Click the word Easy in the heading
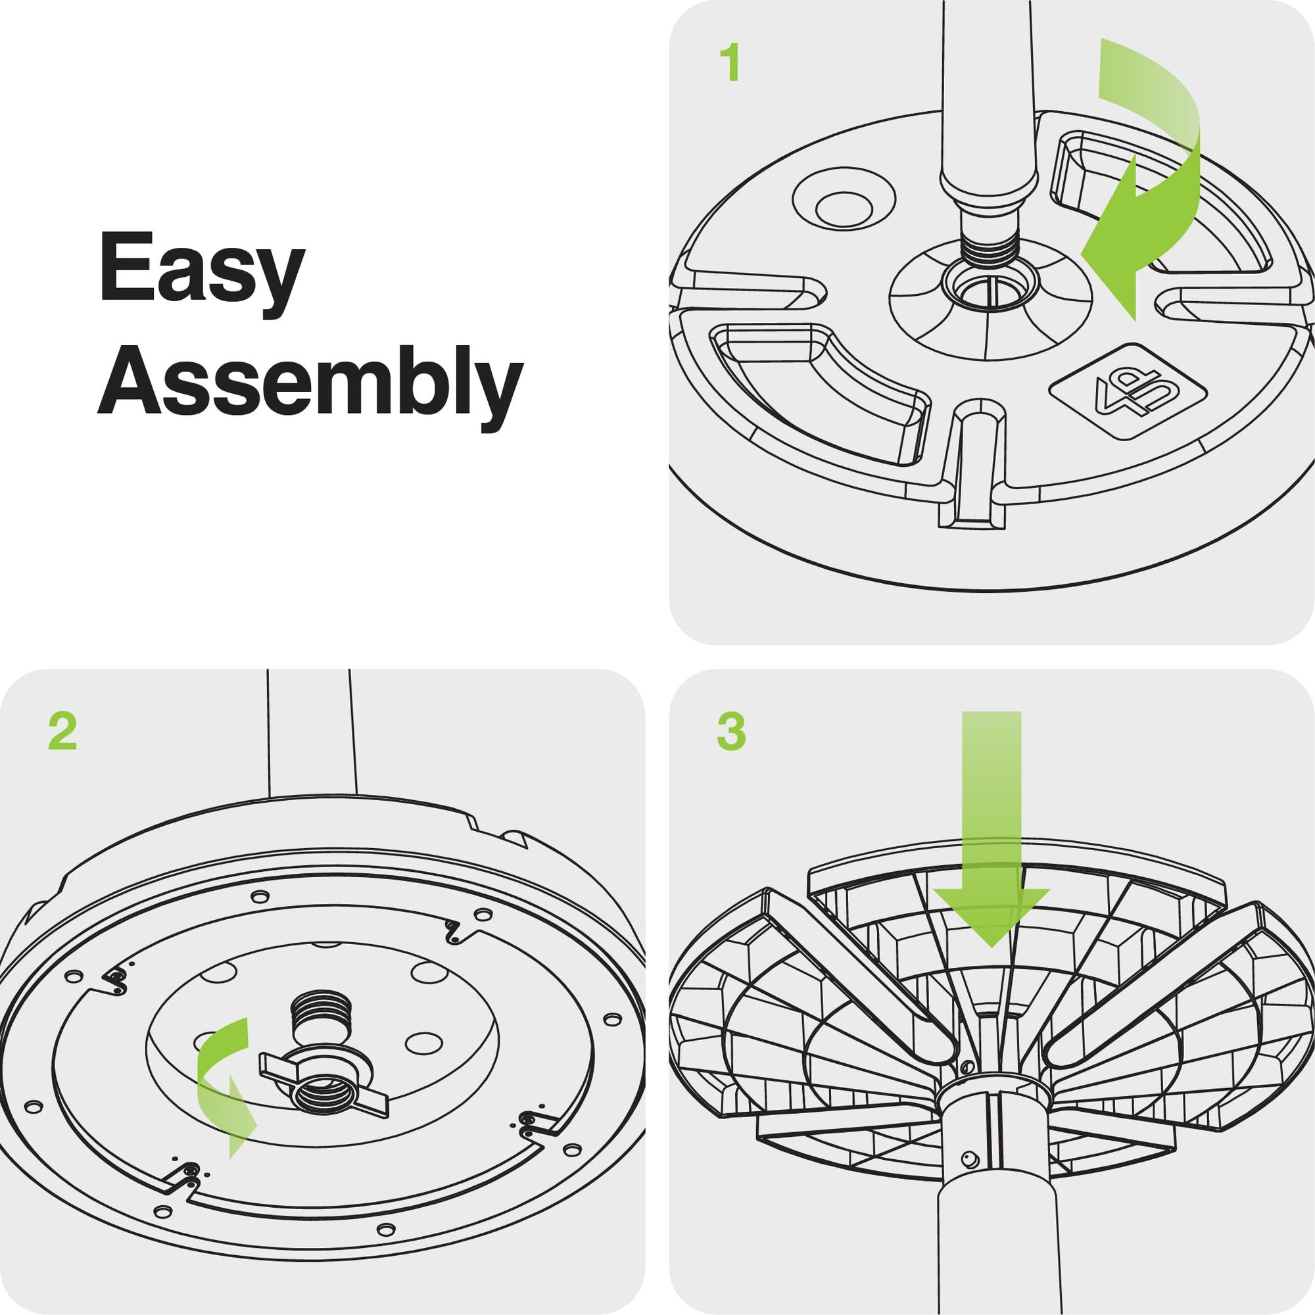(x=202, y=270)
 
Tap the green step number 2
(x=62, y=732)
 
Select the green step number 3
(x=732, y=732)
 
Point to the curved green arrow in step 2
(x=225, y=1082)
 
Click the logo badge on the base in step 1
(x=1128, y=393)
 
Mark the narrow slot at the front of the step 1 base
(x=972, y=469)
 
